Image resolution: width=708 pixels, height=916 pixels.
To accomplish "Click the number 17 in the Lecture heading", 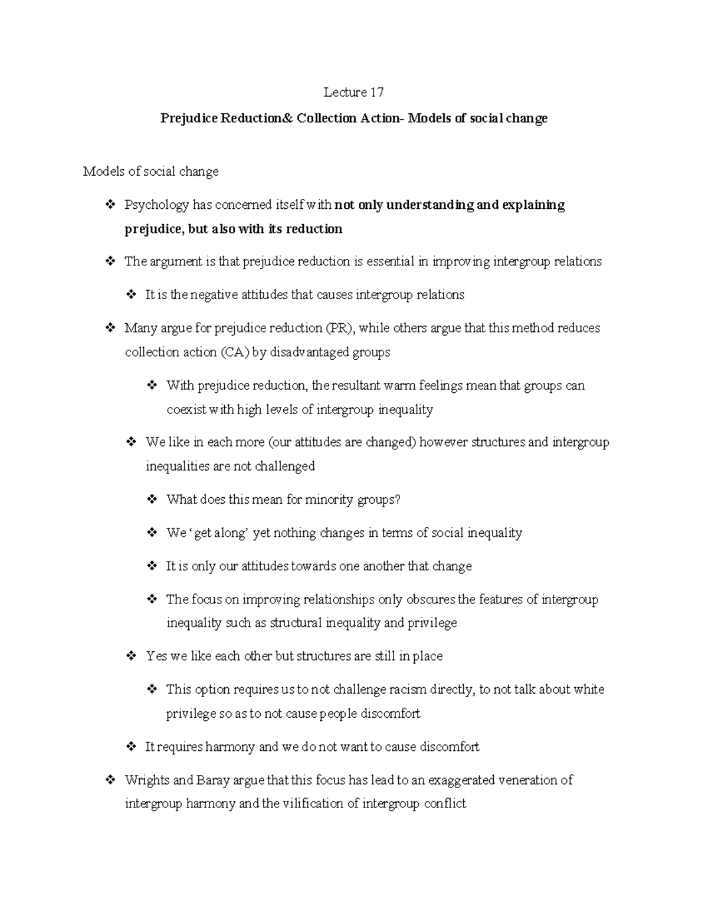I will coord(377,93).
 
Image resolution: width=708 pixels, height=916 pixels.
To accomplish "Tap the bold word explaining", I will coord(533,205).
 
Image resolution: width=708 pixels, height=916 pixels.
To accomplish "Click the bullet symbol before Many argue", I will coord(109,328).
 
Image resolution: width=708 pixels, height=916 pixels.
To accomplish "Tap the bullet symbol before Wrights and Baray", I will coord(109,780).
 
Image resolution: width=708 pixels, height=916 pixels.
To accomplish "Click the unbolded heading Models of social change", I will coord(150,172).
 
